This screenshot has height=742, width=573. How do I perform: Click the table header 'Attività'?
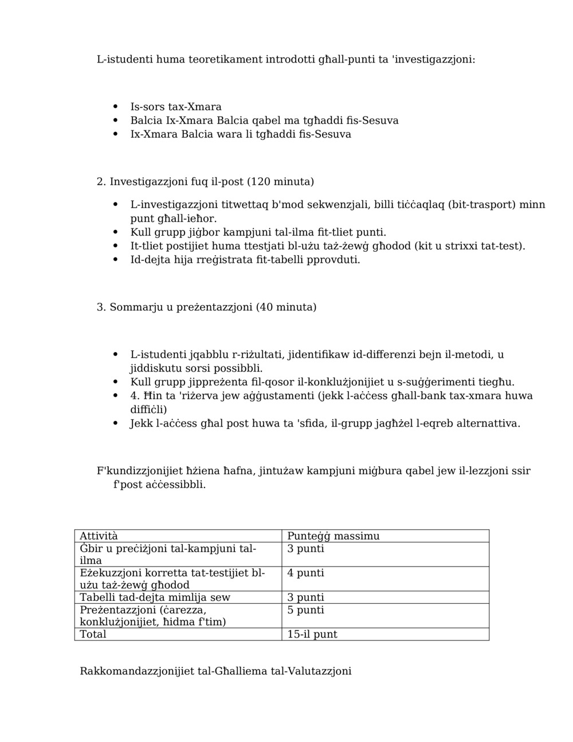point(99,536)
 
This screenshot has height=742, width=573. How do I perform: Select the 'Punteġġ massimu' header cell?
point(333,536)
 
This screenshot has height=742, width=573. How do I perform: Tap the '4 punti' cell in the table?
point(305,572)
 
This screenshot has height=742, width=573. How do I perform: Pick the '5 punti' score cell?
point(305,610)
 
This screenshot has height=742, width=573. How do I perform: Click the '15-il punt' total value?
point(312,634)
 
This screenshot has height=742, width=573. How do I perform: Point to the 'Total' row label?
point(93,634)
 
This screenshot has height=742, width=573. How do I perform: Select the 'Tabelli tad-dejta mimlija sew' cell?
point(155,597)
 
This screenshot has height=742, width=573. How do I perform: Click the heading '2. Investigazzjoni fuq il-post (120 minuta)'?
point(205,182)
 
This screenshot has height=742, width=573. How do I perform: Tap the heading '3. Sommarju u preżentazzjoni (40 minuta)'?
point(206,307)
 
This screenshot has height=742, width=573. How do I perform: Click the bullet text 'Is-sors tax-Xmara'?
point(176,107)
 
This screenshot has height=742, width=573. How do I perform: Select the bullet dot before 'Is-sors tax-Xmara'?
point(116,107)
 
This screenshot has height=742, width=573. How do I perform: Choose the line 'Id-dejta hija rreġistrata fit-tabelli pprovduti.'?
point(245,260)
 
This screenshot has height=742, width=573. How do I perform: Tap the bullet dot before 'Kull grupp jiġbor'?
point(116,232)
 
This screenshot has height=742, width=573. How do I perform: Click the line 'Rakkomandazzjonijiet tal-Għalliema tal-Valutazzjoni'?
point(215,671)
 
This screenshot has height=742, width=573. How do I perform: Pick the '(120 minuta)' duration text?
point(280,182)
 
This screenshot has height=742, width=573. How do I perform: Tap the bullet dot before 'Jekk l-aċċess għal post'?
point(116,424)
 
